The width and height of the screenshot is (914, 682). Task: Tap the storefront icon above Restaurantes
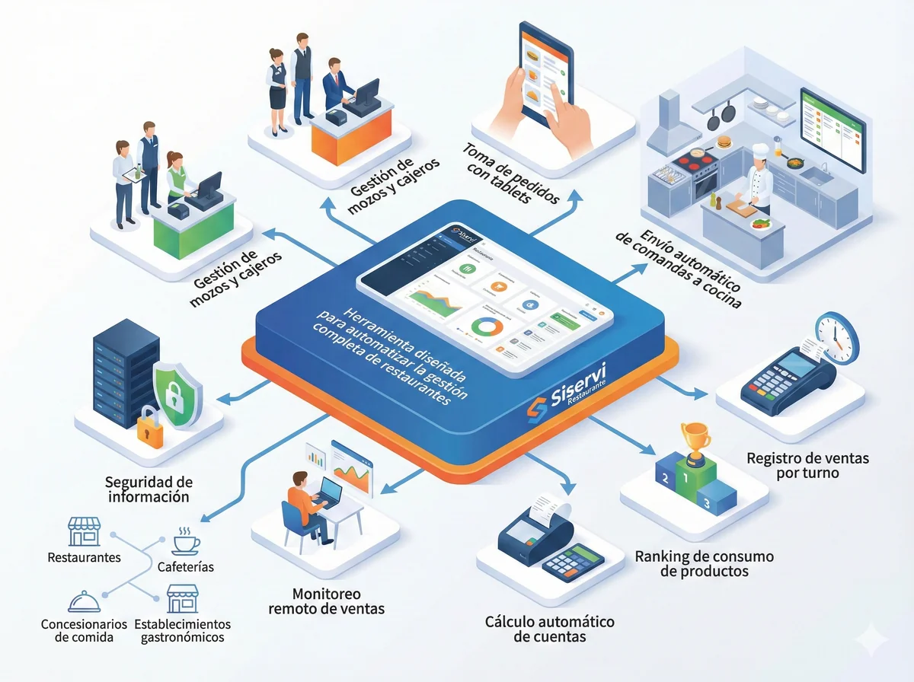[84, 532]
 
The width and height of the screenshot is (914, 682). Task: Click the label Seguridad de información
[149, 489]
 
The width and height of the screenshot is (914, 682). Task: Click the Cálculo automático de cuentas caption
[550, 629]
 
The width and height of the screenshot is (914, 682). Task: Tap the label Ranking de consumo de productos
[704, 564]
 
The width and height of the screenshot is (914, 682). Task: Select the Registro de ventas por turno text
[807, 466]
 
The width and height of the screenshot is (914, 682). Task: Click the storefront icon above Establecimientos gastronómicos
[182, 599]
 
